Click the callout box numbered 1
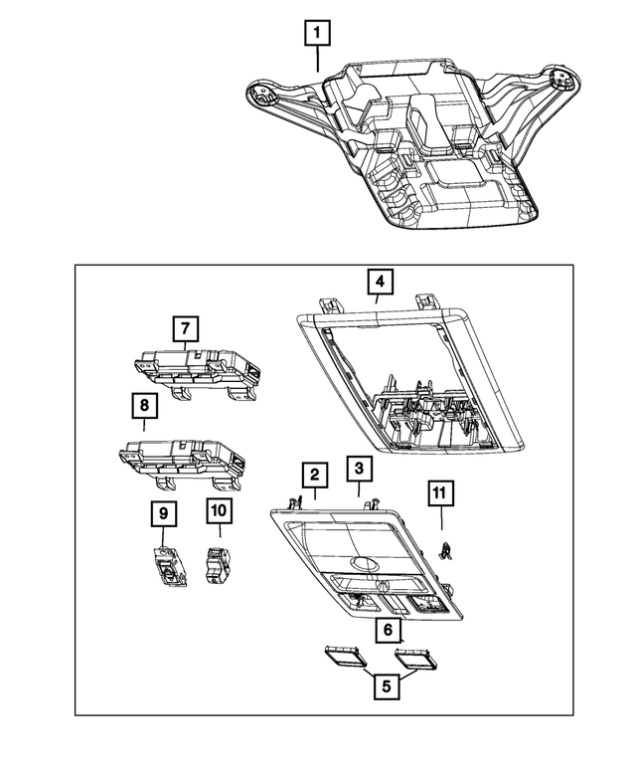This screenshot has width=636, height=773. click(317, 34)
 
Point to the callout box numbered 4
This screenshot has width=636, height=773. click(379, 284)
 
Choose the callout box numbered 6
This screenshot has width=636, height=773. click(389, 630)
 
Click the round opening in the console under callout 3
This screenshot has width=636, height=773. click(367, 568)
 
